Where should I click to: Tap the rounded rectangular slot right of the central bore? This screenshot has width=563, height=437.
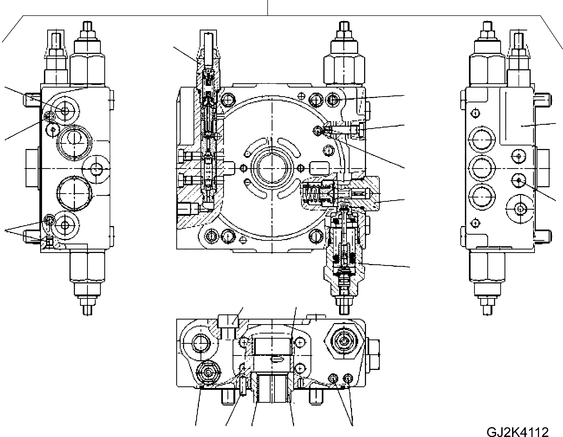coord(319,168)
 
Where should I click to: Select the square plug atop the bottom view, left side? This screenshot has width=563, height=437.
coord(228,321)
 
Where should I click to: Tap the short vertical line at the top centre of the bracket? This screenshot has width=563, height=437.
coord(267,8)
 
